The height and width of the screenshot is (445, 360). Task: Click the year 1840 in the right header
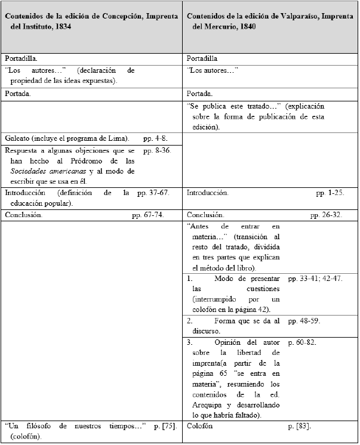[246, 34]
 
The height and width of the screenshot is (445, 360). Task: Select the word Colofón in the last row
[200, 427]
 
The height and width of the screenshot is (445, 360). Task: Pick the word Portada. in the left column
[17, 94]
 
